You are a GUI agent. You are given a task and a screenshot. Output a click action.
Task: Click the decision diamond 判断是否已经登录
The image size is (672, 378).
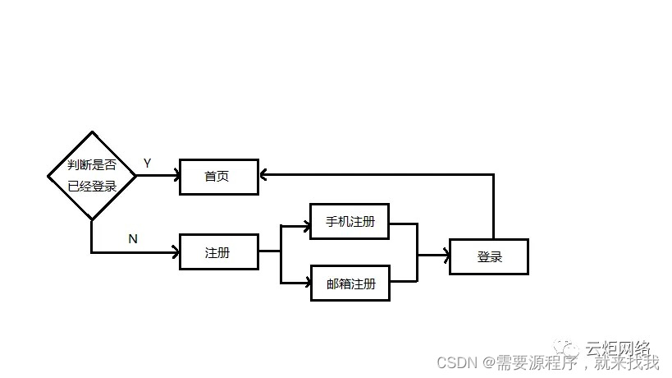(90, 175)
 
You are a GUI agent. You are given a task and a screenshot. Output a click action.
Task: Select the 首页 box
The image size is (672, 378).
(218, 177)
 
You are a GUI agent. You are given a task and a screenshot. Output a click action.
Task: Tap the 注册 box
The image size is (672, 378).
(218, 252)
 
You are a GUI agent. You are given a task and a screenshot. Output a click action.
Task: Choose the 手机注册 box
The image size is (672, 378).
(350, 221)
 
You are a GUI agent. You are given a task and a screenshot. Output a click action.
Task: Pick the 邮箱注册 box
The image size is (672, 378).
(350, 283)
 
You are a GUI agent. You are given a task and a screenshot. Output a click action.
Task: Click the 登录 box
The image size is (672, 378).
(489, 256)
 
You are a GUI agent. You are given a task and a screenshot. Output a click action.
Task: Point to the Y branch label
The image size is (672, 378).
(147, 163)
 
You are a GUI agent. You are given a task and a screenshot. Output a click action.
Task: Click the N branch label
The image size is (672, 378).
(133, 238)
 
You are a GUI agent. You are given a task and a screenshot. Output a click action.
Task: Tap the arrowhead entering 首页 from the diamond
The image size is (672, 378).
(175, 175)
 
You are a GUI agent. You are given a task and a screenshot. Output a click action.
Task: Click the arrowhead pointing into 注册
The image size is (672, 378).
(175, 253)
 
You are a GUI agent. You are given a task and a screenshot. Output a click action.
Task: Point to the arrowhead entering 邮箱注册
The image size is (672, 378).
(305, 283)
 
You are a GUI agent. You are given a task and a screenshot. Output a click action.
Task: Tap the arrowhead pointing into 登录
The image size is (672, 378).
(446, 256)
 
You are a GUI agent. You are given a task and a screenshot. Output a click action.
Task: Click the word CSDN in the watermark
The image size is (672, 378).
(451, 362)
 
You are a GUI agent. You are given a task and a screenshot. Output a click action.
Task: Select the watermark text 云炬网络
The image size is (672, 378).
(616, 348)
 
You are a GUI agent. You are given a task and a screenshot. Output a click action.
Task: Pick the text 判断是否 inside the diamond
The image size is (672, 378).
(90, 164)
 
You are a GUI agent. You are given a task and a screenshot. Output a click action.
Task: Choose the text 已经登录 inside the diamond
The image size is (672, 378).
(90, 187)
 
